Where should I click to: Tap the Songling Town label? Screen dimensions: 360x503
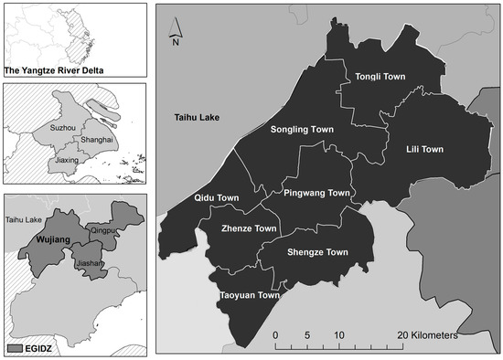tap(302, 130)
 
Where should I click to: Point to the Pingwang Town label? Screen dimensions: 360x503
tap(317, 194)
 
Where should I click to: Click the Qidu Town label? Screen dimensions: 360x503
tap(217, 198)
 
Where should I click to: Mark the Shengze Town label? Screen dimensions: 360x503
tap(317, 252)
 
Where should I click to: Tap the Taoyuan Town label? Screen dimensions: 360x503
tap(249, 295)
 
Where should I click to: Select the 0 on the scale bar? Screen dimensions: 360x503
tap(275, 335)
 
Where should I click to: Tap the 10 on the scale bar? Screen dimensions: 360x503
tap(338, 335)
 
